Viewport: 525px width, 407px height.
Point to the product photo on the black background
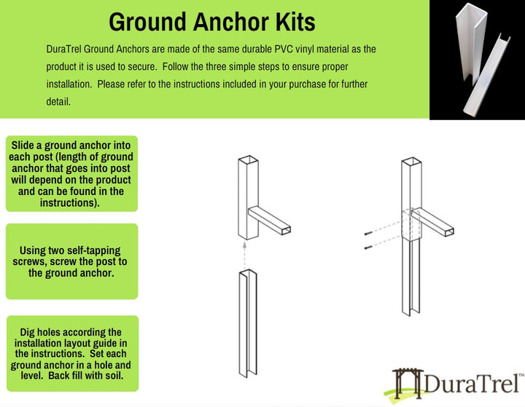[x=477, y=58]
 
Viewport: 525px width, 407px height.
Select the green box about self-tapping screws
[x=71, y=261]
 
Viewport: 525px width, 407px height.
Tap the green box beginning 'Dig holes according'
[x=71, y=353]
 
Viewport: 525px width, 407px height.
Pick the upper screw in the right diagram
[x=367, y=233]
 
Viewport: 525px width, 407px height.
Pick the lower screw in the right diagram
[x=367, y=248]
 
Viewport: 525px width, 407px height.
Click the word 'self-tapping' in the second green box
[x=91, y=250]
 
